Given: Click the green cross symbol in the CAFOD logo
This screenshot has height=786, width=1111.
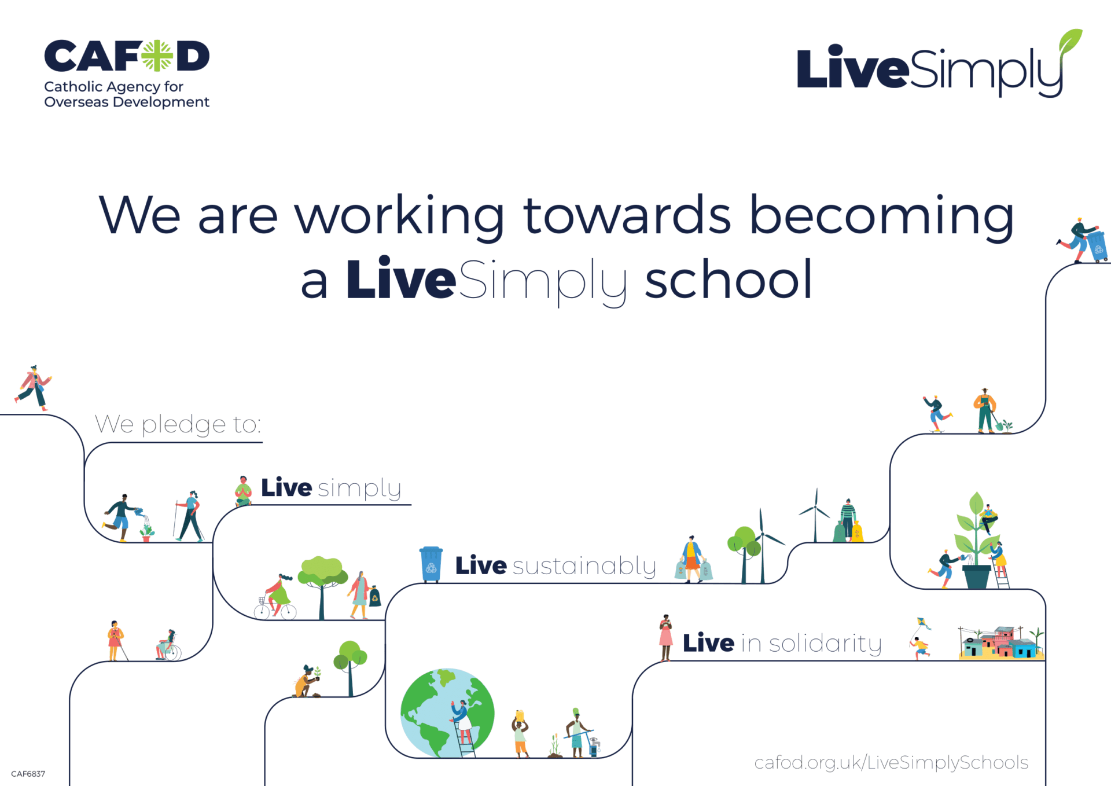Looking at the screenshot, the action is click(x=157, y=56).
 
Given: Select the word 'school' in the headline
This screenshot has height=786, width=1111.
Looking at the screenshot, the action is click(x=729, y=280).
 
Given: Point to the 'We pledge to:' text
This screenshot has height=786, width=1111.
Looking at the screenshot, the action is click(x=178, y=425).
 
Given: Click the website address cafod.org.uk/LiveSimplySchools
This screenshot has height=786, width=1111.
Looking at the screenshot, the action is click(x=891, y=762).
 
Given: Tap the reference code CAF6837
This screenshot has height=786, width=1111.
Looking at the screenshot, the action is click(x=28, y=774).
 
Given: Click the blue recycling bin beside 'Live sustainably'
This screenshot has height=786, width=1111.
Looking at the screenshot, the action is click(x=431, y=564).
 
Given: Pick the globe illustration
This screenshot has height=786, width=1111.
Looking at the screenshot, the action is click(x=447, y=713).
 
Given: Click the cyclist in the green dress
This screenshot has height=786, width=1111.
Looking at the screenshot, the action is click(x=276, y=597).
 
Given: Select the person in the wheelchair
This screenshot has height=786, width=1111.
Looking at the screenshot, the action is click(x=168, y=645).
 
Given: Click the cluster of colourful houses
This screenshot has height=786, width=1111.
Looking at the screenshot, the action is click(x=1001, y=642).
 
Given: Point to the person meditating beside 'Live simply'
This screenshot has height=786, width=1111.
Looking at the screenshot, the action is click(x=243, y=491).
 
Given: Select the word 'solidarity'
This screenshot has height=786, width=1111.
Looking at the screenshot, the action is click(x=825, y=644).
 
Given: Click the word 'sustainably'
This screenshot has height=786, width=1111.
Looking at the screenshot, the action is click(x=584, y=566).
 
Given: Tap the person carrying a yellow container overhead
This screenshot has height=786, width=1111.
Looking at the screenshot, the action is click(x=520, y=733).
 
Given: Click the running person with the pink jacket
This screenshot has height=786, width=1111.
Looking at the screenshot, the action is click(x=34, y=388).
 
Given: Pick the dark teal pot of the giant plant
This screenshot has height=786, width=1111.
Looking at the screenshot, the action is click(x=977, y=576).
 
